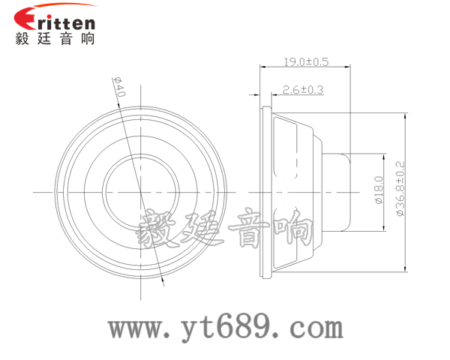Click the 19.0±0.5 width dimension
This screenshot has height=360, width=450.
[306, 61]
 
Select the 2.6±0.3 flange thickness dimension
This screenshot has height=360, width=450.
[302, 90]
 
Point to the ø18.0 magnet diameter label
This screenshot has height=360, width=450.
[378, 191]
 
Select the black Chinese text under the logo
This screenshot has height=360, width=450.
[55, 39]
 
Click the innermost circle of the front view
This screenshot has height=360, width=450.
[141, 190]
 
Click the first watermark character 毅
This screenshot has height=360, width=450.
[157, 229]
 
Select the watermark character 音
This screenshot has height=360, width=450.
[247, 229]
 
